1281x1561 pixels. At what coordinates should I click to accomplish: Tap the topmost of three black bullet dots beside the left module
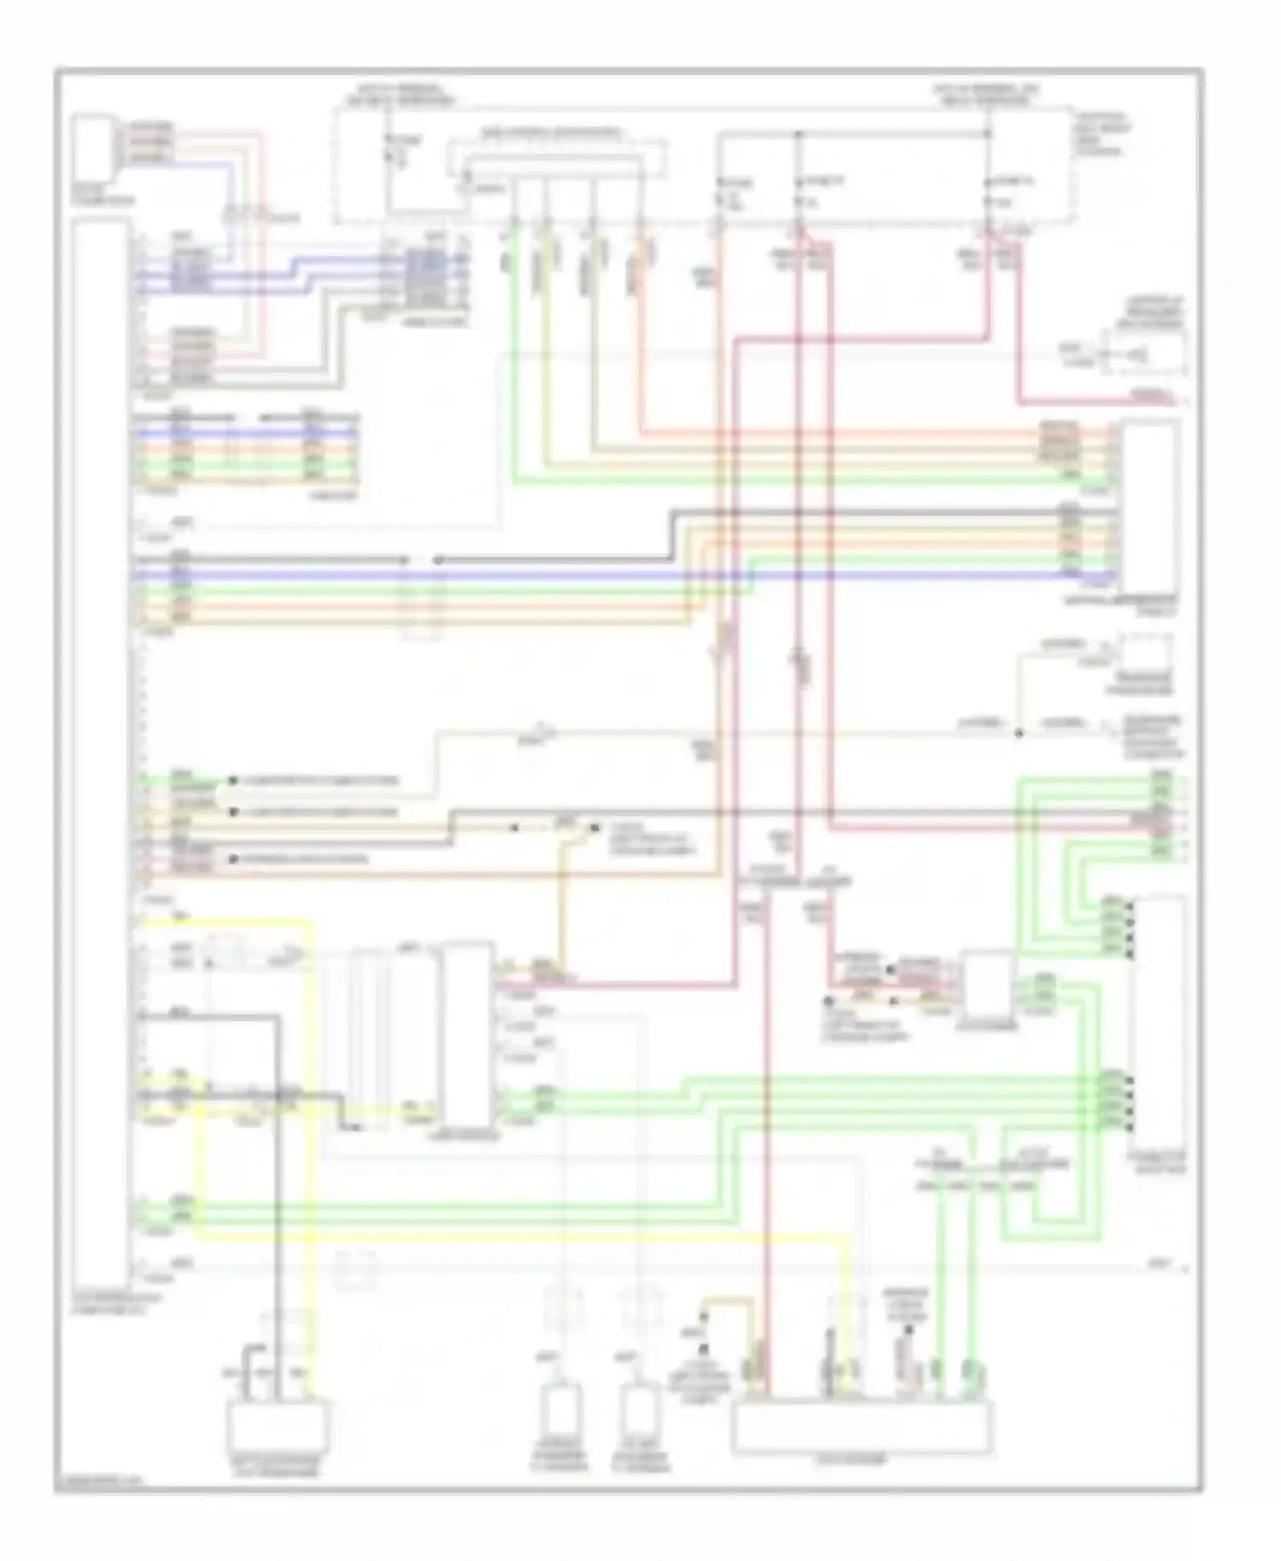pos(232,780)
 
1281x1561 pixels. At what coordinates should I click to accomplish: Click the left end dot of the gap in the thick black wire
pos(405,560)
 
